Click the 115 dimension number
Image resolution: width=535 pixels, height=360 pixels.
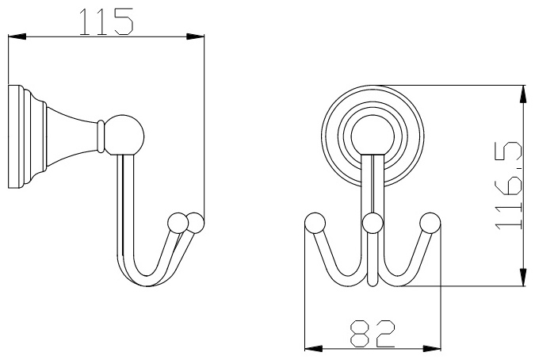[x=105, y=22]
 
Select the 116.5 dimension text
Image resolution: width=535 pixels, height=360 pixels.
[x=509, y=186]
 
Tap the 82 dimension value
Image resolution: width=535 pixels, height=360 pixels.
[x=373, y=333]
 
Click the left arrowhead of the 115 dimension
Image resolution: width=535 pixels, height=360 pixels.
[x=17, y=36]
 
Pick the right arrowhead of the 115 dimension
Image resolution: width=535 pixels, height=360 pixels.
[x=195, y=36]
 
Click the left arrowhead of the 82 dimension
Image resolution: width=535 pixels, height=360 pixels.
[x=313, y=348]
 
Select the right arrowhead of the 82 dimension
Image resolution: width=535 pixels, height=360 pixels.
[x=432, y=348]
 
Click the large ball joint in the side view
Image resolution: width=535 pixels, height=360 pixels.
[x=124, y=136]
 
